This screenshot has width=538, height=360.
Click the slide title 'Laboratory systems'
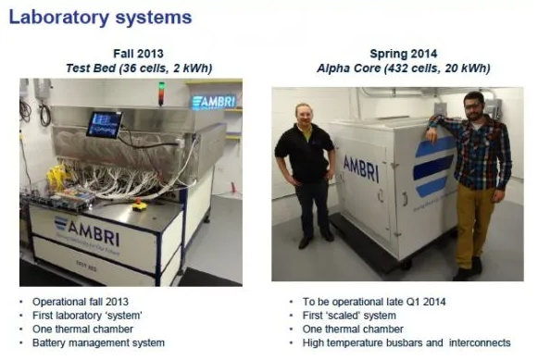[100, 18]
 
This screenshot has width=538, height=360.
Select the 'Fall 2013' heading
[138, 54]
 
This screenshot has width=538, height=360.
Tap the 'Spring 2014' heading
[404, 54]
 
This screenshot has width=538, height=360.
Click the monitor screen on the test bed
[104, 124]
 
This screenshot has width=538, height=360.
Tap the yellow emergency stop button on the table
[140, 205]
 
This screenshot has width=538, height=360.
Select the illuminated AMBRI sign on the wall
[213, 102]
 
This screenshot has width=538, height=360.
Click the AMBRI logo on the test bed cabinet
[87, 231]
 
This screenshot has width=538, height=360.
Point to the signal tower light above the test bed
[161, 93]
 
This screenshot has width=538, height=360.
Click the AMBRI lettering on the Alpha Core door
[361, 168]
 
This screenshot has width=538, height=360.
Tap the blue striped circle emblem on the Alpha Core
[434, 167]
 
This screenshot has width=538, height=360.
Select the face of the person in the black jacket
[304, 114]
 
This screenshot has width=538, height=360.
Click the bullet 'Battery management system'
[98, 342]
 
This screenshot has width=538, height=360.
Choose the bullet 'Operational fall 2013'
[81, 302]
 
